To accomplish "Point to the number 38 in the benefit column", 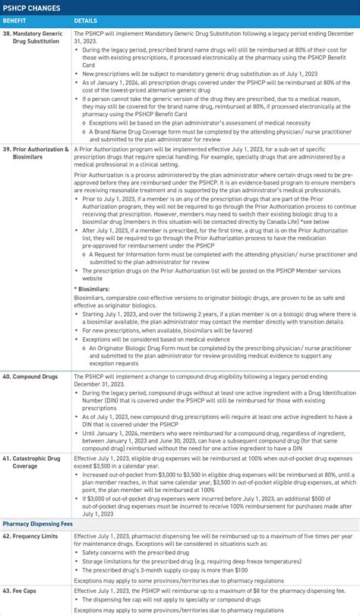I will coord(7,34).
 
